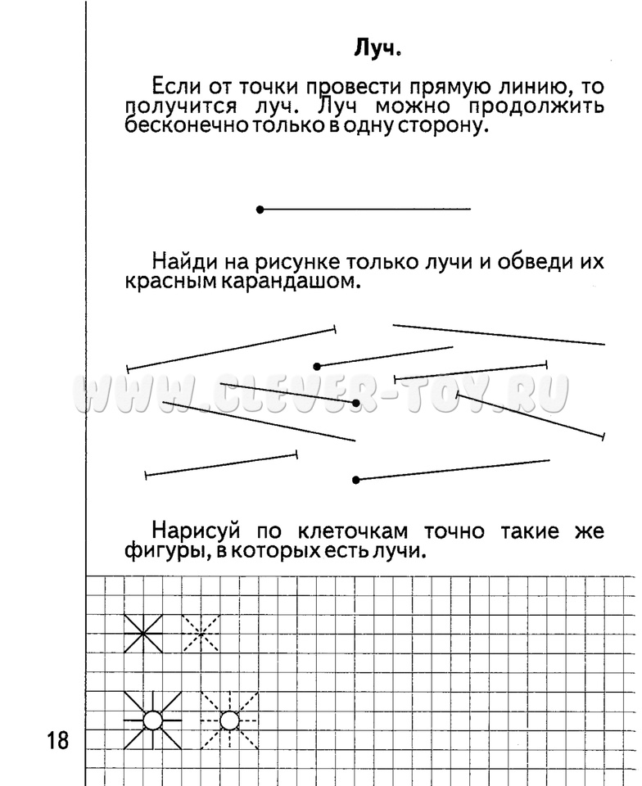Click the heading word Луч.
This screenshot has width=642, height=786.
click(x=378, y=49)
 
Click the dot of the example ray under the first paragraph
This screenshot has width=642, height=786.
click(x=260, y=210)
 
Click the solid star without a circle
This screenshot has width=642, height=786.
click(x=142, y=633)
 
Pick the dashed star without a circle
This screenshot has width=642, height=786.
click(x=200, y=633)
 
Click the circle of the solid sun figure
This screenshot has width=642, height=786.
click(x=152, y=720)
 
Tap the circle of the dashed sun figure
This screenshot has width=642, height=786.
click(x=229, y=720)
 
